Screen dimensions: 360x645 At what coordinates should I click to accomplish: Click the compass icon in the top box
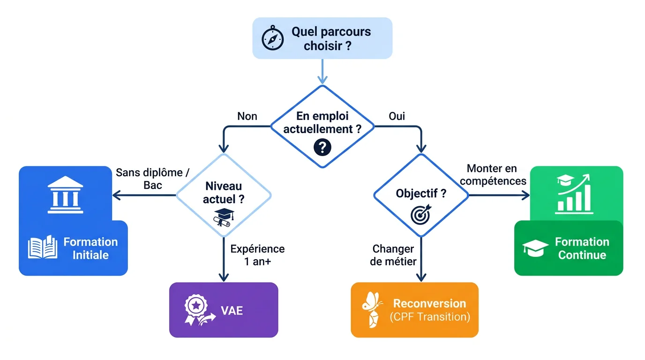click(x=273, y=38)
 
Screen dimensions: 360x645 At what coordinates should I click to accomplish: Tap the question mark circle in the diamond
click(x=322, y=147)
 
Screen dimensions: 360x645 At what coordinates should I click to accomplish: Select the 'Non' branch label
click(x=247, y=116)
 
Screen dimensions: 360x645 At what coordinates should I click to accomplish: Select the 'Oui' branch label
click(x=397, y=116)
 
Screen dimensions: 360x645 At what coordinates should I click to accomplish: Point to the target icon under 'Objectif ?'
click(x=420, y=214)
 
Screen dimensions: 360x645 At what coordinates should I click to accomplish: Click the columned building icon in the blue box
click(x=66, y=195)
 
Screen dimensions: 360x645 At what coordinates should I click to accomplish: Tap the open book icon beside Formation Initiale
click(x=43, y=247)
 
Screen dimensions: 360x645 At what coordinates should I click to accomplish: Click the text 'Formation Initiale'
click(x=90, y=248)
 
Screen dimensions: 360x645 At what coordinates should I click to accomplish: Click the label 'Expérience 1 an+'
click(x=257, y=255)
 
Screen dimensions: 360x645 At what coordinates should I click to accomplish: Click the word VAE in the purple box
click(x=232, y=310)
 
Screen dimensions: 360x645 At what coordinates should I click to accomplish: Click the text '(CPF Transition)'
click(x=430, y=317)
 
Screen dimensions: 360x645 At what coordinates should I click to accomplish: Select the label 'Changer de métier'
click(x=393, y=255)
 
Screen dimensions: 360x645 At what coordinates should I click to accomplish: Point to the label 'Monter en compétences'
click(x=492, y=174)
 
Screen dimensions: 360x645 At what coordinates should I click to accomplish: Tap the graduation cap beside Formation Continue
click(x=535, y=248)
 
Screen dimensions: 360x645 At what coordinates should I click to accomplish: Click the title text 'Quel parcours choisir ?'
click(x=331, y=38)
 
